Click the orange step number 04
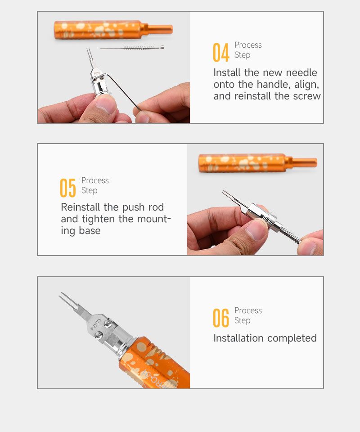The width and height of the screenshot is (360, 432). click(x=221, y=52)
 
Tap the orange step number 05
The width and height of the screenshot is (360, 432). click(x=68, y=188)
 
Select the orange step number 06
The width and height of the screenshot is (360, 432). click(x=221, y=318)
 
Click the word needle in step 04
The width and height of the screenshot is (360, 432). click(x=301, y=73)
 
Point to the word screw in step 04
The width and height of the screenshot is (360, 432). click(x=307, y=96)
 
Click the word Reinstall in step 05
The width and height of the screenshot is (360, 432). click(x=81, y=207)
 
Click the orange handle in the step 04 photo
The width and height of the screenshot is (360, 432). click(x=113, y=30)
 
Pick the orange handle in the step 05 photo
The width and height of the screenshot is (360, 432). click(x=257, y=163)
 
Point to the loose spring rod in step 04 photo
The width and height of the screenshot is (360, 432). click(x=132, y=48)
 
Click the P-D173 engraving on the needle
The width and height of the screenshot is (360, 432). click(x=96, y=324)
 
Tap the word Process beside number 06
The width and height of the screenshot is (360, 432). click(x=248, y=310)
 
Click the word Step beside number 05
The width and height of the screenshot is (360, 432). click(x=89, y=191)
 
